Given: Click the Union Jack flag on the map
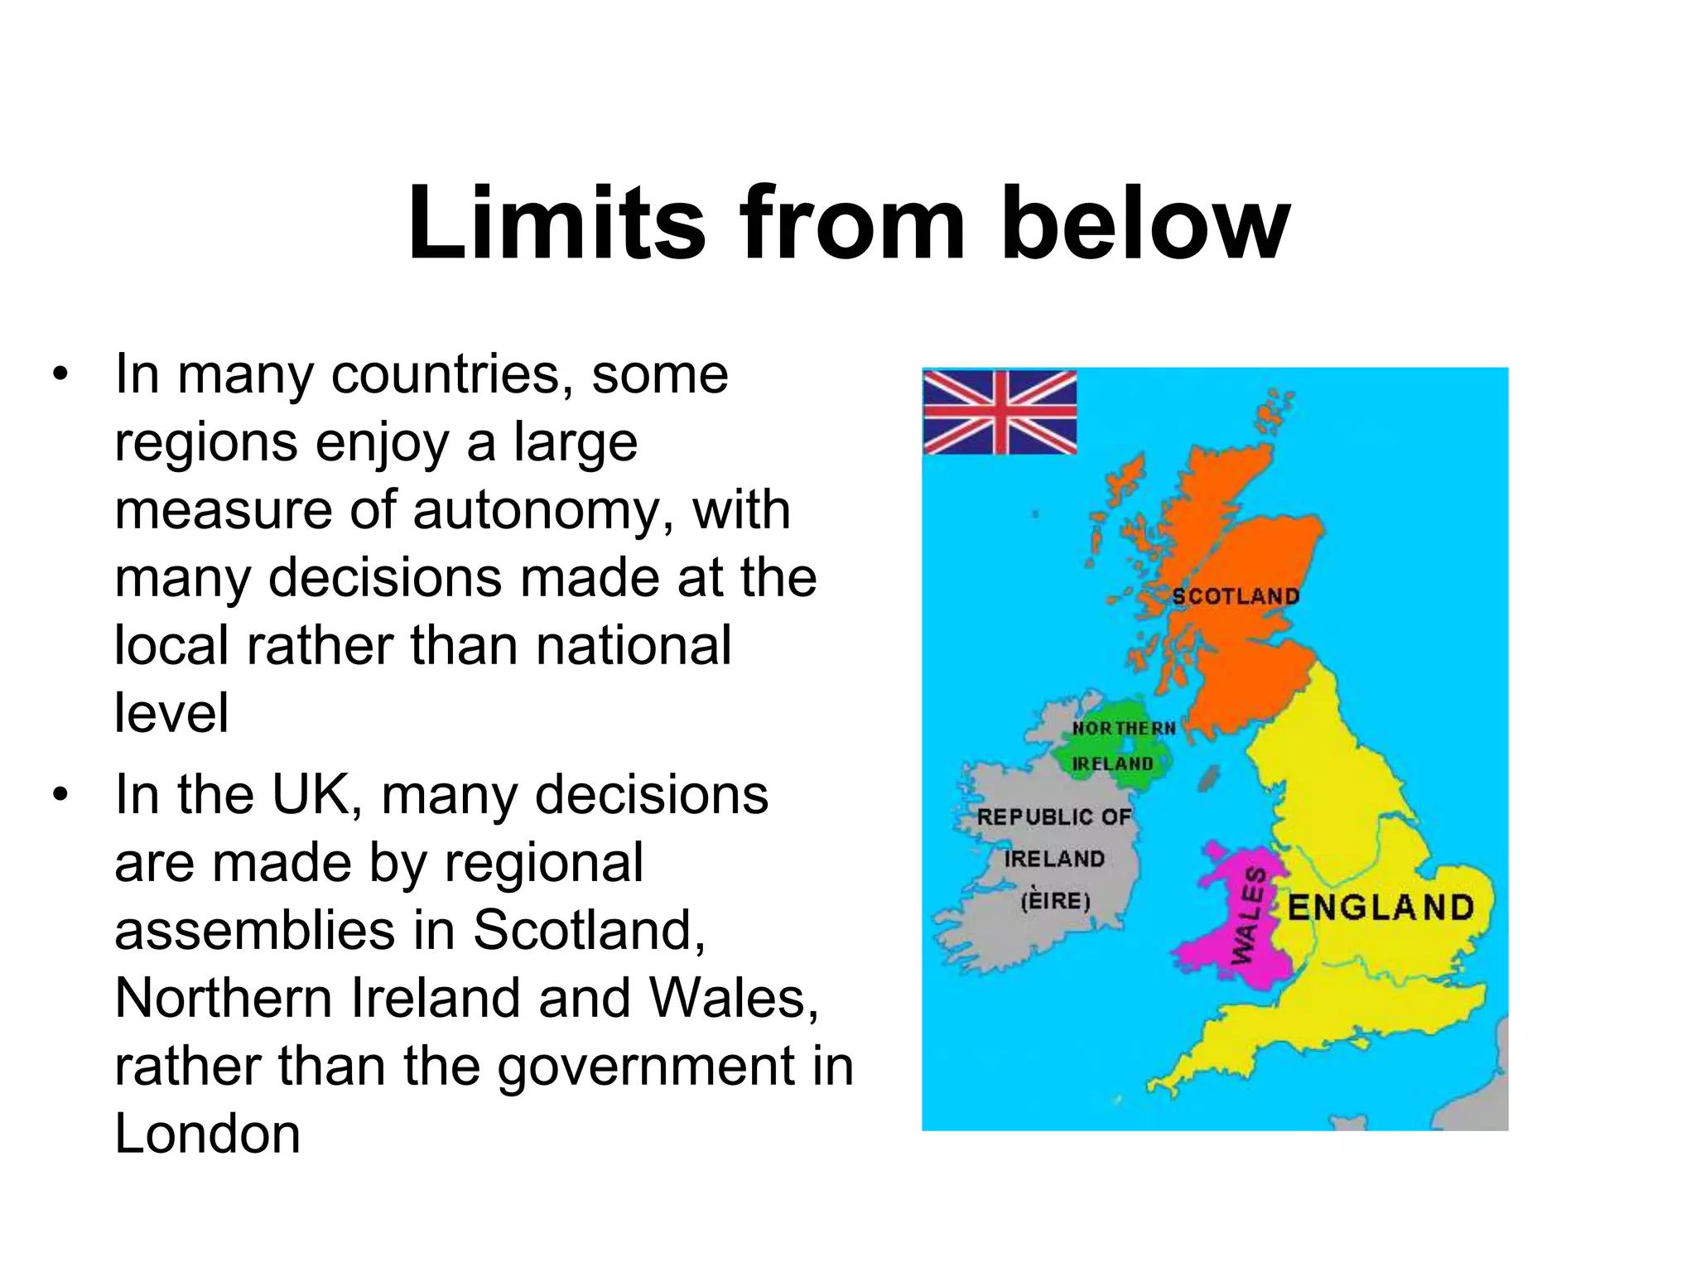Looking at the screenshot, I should click(x=1000, y=412).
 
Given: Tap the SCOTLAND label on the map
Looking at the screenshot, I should click(x=1236, y=596).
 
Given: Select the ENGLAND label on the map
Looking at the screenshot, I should click(x=1381, y=908).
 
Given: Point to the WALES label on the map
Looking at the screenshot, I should click(x=1249, y=916).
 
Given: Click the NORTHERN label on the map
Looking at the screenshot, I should click(x=1124, y=728).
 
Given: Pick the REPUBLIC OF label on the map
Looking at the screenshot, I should click(x=1053, y=817).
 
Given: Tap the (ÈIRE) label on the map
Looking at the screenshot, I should click(x=1055, y=900).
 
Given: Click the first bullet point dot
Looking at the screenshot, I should click(x=59, y=374).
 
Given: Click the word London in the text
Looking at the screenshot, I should click(x=207, y=1134).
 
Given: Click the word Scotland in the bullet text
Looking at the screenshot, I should click(x=588, y=930).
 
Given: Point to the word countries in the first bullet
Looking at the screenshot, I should click(x=452, y=374).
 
